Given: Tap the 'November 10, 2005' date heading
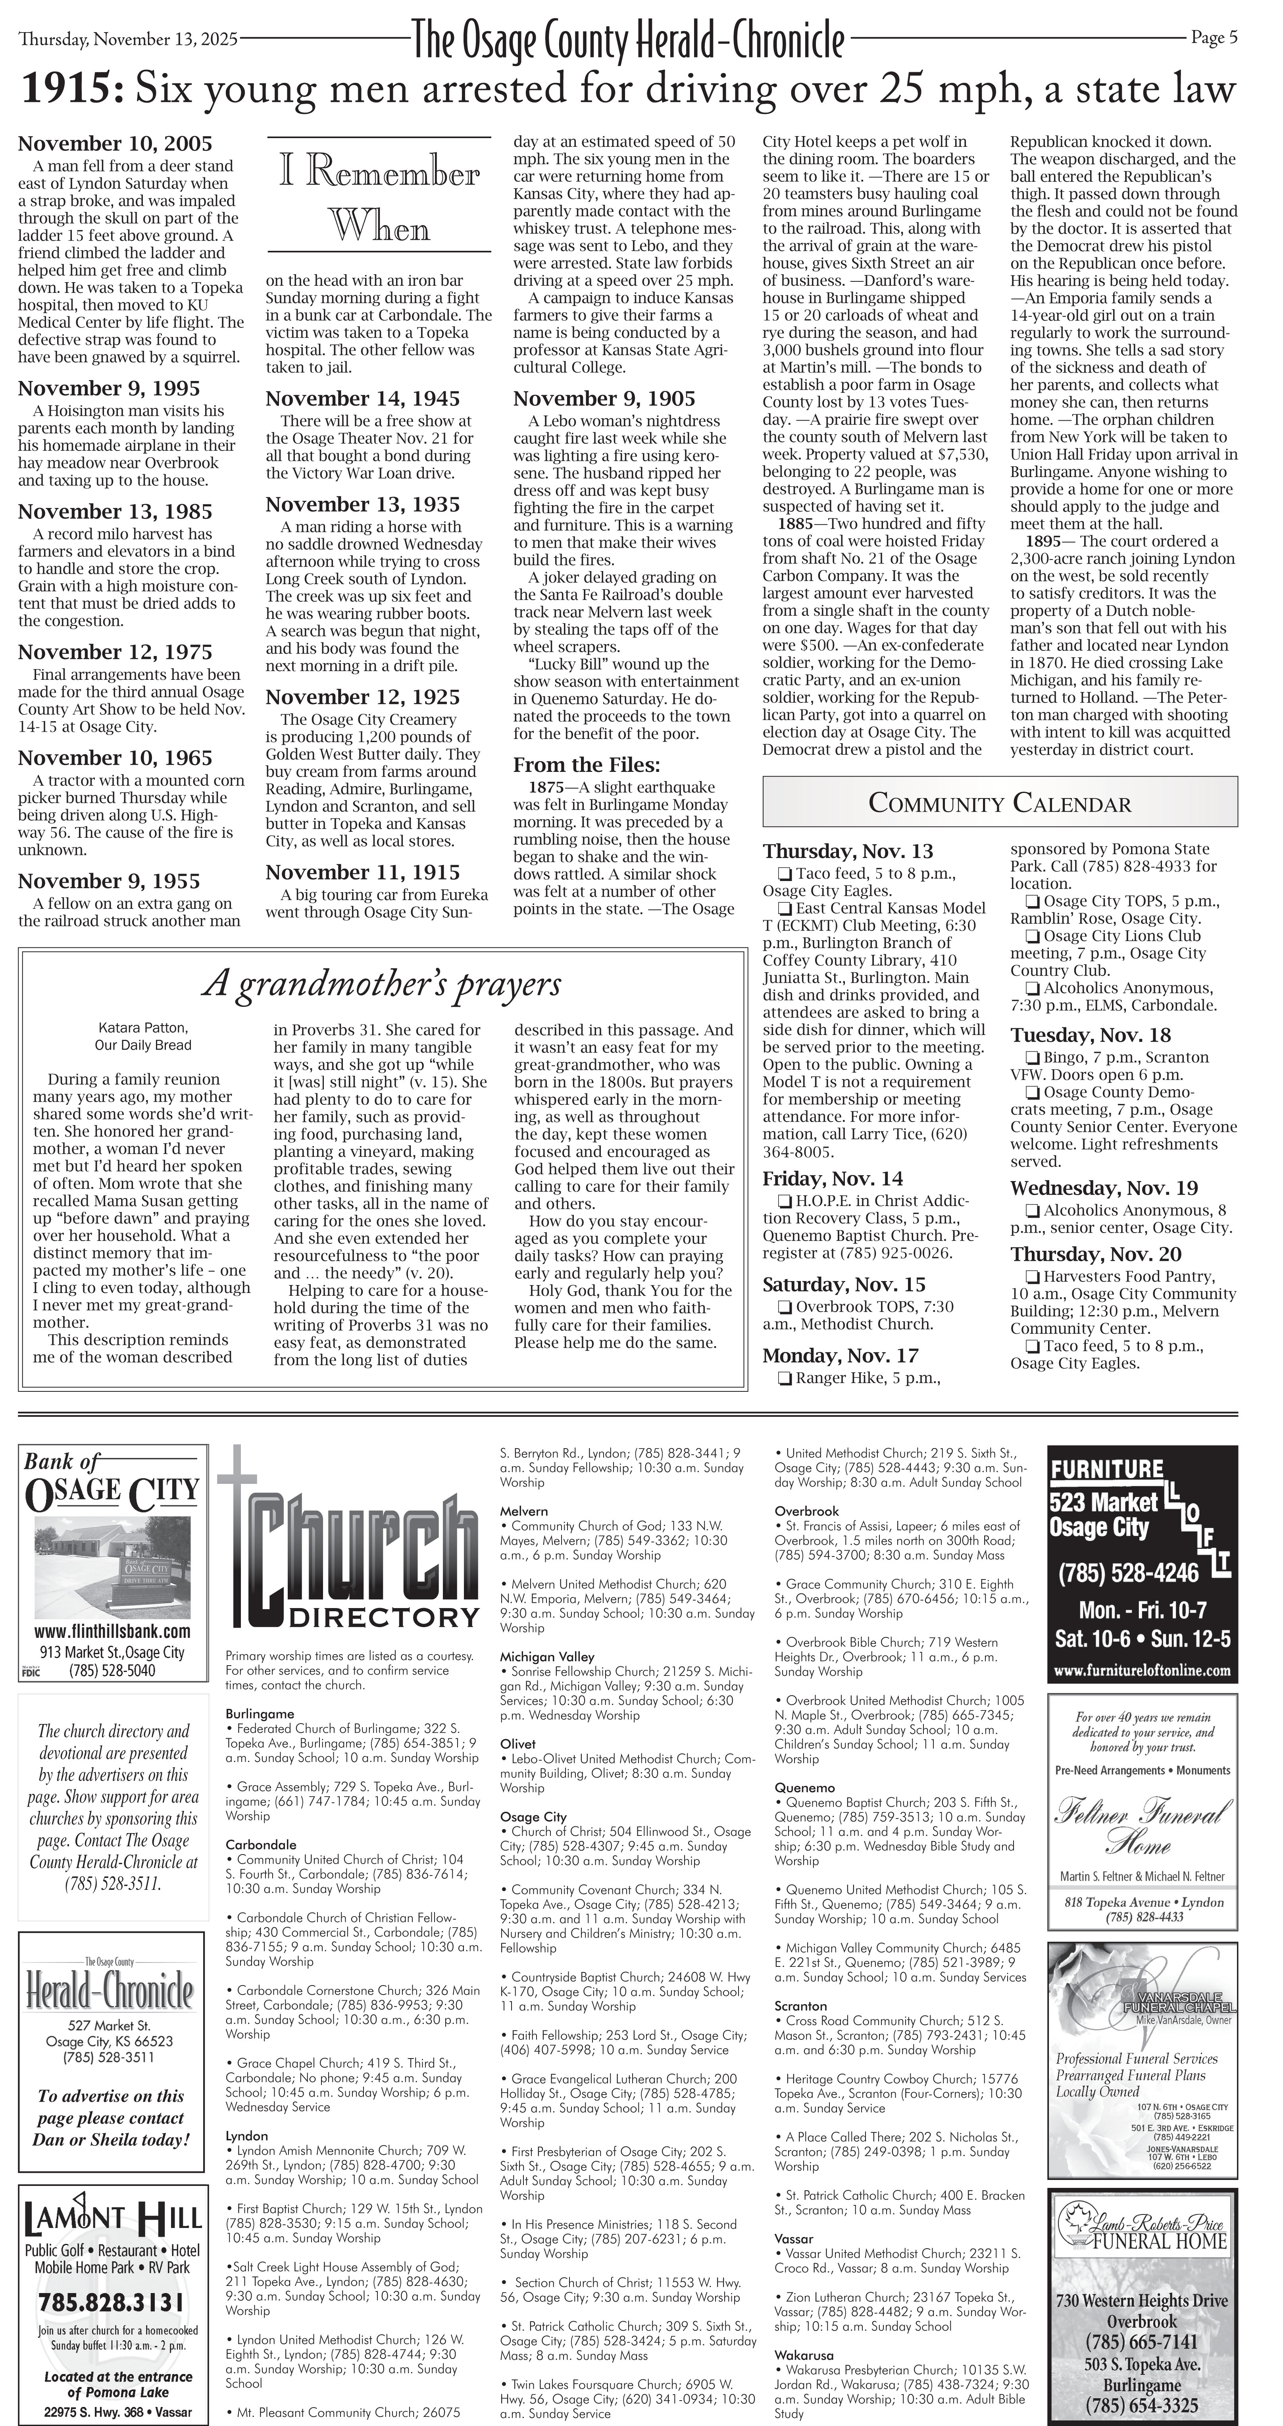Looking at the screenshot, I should (x=115, y=144).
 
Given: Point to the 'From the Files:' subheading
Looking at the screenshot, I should (x=586, y=765).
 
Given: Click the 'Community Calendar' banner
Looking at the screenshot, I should (x=1000, y=803).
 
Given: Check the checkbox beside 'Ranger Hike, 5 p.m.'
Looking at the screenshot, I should (x=784, y=1379).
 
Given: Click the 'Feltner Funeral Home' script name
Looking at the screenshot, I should (x=1142, y=1827).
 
